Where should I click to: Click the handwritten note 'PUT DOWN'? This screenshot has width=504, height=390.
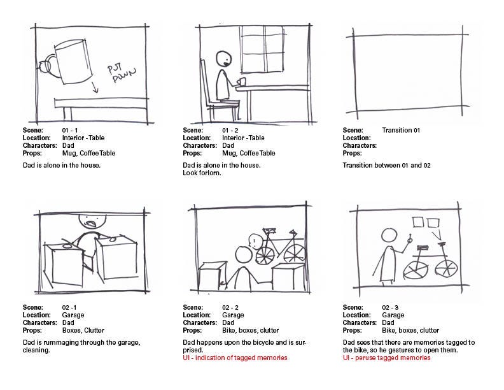[x=121, y=74]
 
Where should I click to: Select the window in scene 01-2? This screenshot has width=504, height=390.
[x=262, y=49]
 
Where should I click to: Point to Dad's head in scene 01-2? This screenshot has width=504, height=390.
[x=224, y=59]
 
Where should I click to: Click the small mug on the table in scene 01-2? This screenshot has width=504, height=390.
[x=241, y=82]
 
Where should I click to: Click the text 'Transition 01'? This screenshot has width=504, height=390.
[x=401, y=131]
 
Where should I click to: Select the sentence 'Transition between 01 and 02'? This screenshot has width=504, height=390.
[x=386, y=166]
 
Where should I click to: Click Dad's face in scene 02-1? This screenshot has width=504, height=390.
[x=92, y=220]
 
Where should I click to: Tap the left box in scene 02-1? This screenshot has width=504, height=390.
[x=64, y=263]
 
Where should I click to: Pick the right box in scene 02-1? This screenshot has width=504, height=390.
[x=117, y=257]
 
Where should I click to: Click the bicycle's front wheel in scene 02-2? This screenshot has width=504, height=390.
[x=265, y=255]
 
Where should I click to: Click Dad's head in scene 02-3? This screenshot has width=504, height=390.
[x=389, y=236]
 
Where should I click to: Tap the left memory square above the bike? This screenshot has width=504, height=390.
[x=418, y=222]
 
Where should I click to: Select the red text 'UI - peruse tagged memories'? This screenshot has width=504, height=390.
[x=386, y=358]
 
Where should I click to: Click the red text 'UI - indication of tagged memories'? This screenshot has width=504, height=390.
[x=235, y=358]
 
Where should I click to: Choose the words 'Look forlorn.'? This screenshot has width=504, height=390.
[x=202, y=173]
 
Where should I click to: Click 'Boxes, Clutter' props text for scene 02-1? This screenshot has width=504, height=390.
[x=83, y=331]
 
